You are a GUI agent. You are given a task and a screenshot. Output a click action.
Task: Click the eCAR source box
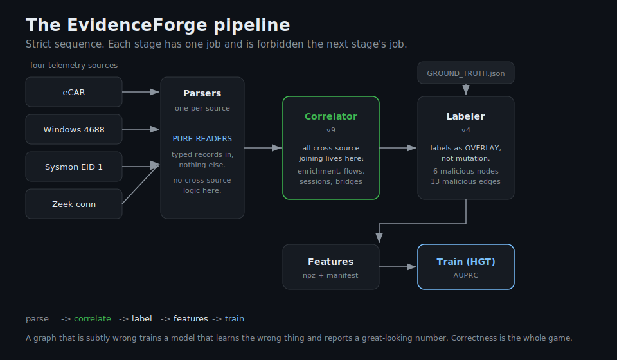pos(74,92)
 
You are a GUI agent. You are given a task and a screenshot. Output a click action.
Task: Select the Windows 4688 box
pos(74,129)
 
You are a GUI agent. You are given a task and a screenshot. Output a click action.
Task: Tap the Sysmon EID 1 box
pos(74,166)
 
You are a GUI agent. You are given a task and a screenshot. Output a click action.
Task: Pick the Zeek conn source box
pos(74,204)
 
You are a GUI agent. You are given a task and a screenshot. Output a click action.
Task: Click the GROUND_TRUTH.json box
pos(466,73)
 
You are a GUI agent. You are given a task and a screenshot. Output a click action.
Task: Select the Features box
pos(331,267)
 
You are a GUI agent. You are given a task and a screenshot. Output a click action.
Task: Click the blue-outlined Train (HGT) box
pos(466,267)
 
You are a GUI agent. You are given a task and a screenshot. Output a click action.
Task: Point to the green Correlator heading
pos(331,116)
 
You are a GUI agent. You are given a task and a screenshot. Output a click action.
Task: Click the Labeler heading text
pos(466,116)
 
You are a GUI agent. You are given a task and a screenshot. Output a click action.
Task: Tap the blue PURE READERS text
pos(202,139)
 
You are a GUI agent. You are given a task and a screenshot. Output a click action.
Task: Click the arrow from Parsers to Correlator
pos(263,148)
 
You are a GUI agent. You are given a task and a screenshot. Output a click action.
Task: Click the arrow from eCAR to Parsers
pos(141,92)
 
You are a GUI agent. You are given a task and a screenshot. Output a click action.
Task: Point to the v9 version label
pos(331,130)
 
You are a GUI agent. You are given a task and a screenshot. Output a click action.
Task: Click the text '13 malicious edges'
pos(465,181)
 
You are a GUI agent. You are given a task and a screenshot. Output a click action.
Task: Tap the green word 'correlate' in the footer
pos(93,319)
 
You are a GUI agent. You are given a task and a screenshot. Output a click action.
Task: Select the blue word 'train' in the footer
pos(235,319)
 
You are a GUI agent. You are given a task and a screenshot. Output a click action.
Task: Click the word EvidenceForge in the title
pos(137,25)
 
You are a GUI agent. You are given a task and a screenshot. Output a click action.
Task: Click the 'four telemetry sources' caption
pos(74,66)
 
